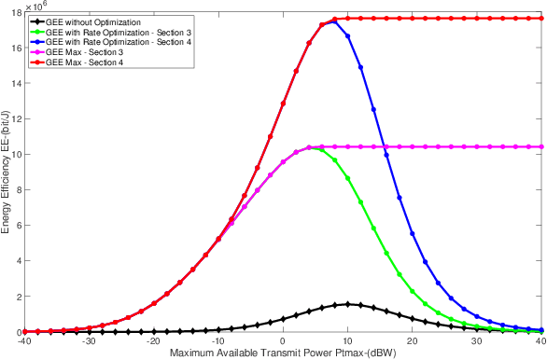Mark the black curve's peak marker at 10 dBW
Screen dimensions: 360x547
coord(348,304)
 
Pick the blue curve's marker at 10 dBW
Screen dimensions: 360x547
coord(348,35)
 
